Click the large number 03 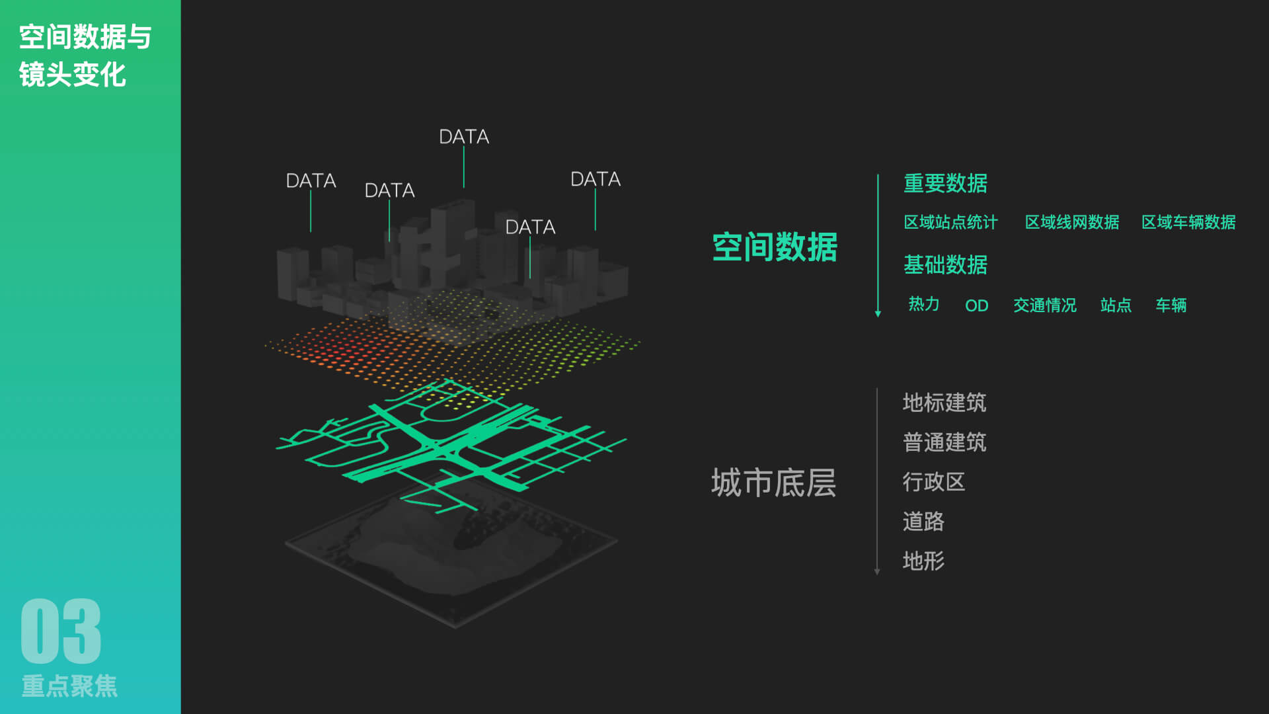pos(61,631)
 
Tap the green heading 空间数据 pos(775,247)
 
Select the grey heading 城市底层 pos(773,483)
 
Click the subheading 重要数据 pos(945,183)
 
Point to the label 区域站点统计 pos(950,222)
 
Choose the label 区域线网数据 pos(1071,222)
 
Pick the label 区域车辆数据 pos(1188,222)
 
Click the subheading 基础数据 pos(945,265)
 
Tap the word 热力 pos(923,304)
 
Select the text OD pos(976,305)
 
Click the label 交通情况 pos(1044,305)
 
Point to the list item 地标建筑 pos(944,403)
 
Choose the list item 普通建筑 pos(944,442)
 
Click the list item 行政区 pos(933,482)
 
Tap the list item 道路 pos(923,522)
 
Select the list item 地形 pos(923,561)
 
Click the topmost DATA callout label pos(464,137)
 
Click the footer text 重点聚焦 pos(69,686)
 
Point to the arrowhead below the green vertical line pos(878,314)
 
